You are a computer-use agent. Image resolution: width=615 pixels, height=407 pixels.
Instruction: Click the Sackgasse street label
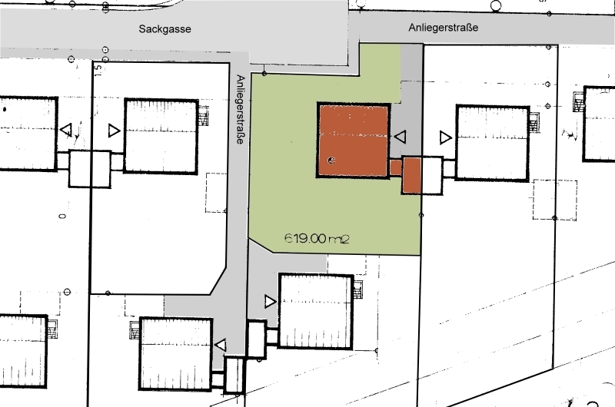click(x=165, y=29)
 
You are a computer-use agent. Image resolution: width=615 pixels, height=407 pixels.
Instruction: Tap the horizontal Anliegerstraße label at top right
click(x=444, y=28)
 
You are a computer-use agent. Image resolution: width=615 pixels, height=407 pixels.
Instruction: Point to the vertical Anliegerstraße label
click(x=241, y=109)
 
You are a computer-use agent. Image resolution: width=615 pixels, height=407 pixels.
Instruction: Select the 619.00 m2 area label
click(x=317, y=238)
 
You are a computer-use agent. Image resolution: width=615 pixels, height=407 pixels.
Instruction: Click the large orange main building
click(x=354, y=141)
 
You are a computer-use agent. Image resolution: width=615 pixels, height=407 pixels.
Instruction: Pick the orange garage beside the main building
click(x=411, y=175)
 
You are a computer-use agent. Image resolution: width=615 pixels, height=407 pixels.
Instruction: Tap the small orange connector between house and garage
click(x=396, y=167)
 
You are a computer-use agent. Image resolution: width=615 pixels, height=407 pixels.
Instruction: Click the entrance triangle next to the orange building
click(x=400, y=137)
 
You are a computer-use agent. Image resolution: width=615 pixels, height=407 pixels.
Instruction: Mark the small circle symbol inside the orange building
click(x=331, y=160)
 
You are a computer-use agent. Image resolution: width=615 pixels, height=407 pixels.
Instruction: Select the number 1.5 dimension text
click(x=98, y=70)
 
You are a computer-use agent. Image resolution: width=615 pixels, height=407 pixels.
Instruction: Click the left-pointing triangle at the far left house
click(x=66, y=129)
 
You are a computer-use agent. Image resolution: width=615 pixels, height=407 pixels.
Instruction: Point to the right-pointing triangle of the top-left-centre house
click(x=114, y=131)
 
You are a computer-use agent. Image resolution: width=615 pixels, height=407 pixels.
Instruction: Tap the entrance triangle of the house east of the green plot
click(x=446, y=137)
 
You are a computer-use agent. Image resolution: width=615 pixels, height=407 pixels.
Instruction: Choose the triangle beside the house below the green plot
click(x=271, y=301)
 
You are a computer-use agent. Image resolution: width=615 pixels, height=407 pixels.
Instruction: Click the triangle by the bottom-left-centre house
click(x=221, y=345)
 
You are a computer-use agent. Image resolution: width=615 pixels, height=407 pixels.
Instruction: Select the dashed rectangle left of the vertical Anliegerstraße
click(x=216, y=193)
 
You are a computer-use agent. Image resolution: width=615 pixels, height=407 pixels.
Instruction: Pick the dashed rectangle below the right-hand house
click(x=554, y=200)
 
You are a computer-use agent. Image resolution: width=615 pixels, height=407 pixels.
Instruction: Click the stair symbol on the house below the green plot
click(x=357, y=290)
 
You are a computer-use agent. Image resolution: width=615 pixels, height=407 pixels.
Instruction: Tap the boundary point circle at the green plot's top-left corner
click(x=264, y=74)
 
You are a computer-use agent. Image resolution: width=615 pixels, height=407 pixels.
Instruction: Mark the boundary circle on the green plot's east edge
click(x=421, y=215)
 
